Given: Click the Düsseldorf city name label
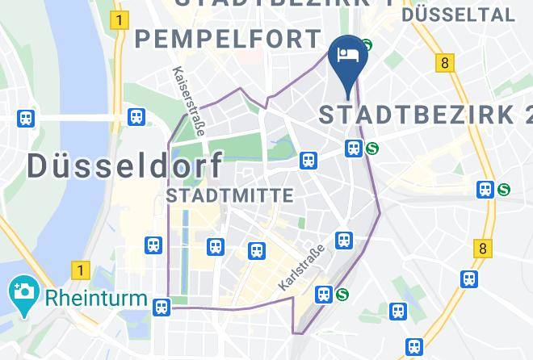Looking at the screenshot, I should tap(126, 165).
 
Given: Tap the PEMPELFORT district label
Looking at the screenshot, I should tap(229, 39).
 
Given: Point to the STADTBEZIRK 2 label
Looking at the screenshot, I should tap(425, 114).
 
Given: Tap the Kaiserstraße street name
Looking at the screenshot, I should tap(181, 91).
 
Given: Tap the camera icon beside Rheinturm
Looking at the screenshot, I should tap(21, 291).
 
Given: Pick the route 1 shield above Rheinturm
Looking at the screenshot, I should tap(79, 269).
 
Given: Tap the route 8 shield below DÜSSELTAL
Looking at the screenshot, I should tap(443, 62).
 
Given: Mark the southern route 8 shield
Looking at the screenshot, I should tap(484, 249).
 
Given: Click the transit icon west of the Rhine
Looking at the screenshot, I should tap(26, 119).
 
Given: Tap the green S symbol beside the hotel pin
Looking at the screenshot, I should tap(367, 46).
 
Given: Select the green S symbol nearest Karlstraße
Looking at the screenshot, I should tap(342, 295).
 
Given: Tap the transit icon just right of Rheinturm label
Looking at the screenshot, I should tap(163, 307).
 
